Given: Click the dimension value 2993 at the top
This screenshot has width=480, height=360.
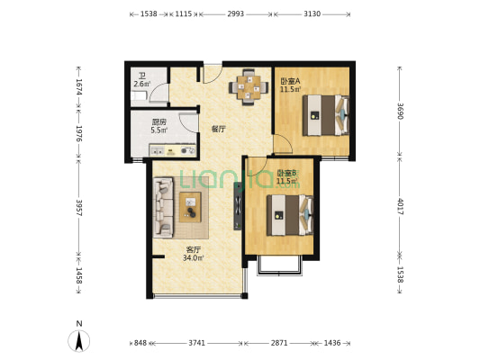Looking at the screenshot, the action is click(235, 13).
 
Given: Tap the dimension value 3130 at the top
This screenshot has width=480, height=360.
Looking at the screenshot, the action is click(312, 13).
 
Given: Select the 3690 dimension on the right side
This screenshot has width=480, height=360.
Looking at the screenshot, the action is click(400, 111).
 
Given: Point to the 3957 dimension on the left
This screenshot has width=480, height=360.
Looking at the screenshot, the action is click(79, 208).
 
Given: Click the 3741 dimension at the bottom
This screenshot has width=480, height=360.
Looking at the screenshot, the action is click(196, 343).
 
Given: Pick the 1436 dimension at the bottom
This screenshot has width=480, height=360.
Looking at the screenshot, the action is click(332, 343).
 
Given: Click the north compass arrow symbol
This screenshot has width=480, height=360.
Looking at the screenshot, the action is click(79, 341).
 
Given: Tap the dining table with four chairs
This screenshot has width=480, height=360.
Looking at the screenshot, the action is click(249, 87).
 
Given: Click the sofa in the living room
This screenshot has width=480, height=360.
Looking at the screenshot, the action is click(163, 207).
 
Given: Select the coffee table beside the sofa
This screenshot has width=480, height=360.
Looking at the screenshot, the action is click(190, 207).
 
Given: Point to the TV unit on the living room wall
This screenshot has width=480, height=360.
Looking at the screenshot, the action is click(238, 206).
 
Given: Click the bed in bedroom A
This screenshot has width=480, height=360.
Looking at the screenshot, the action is click(326, 115).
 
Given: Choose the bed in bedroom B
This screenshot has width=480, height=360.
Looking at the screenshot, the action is click(290, 215).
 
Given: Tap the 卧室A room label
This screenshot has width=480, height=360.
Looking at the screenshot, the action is click(290, 81).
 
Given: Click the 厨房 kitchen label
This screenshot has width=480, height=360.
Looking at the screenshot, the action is click(158, 122).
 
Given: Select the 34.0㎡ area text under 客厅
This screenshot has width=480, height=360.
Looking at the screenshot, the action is click(193, 257).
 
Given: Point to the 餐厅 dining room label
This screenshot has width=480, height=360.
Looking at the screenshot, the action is click(218, 129).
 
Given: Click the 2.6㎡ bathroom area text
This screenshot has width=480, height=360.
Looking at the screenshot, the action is click(142, 84).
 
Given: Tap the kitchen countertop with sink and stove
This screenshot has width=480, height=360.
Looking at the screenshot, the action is click(173, 150).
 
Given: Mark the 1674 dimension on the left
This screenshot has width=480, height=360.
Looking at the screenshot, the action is click(79, 86).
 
